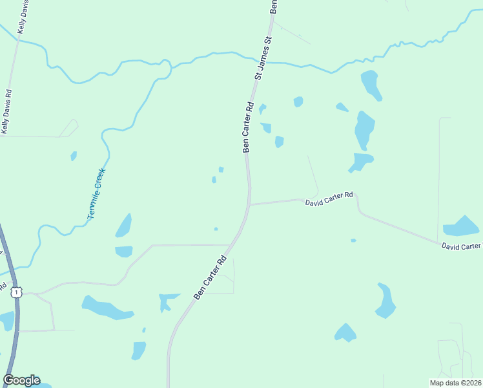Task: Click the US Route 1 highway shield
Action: coord(16,292)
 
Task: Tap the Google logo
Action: coord(21,380)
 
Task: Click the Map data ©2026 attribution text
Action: coord(455,383)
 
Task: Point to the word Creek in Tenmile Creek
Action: coord(99,180)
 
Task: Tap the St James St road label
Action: coord(264,58)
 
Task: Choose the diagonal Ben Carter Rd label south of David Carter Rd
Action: coord(212,277)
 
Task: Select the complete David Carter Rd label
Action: coord(329,199)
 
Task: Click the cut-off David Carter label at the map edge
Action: coord(461,246)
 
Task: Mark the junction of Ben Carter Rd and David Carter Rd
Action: coord(250,204)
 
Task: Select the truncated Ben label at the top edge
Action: coord(274,6)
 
